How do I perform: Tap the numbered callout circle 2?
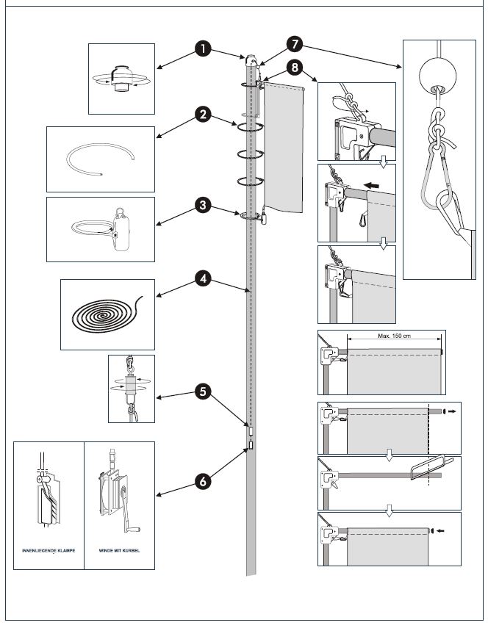203,115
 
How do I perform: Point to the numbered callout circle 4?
203,279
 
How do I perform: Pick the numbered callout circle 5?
203,392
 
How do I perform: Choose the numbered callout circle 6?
203,481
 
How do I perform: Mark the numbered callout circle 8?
294,70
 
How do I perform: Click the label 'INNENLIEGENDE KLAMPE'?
49,549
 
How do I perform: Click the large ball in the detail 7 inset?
439,73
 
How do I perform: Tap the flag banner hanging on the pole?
284,147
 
